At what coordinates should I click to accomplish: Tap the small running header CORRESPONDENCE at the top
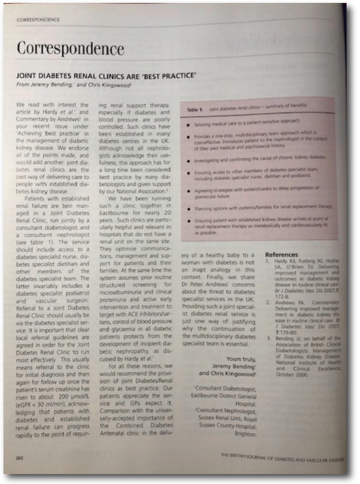39,19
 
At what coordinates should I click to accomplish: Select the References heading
282,255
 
